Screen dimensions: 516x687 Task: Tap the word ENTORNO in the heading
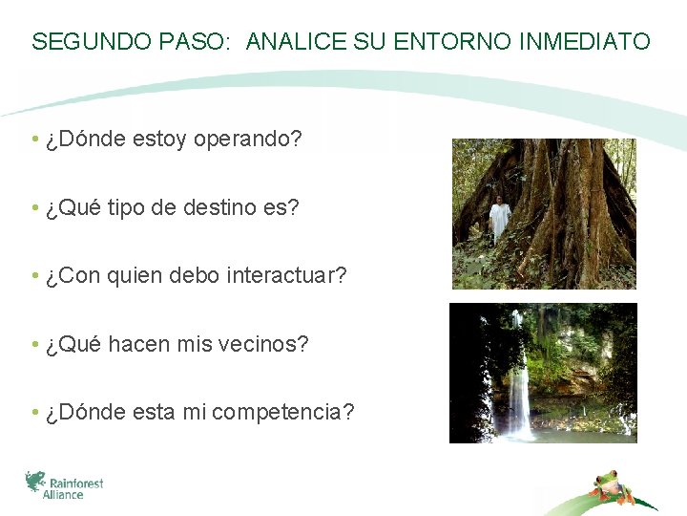452,42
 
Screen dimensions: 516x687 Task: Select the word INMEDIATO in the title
585,42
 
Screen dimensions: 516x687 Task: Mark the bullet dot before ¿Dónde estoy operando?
34,140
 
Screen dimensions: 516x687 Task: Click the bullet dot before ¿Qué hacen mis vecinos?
34,344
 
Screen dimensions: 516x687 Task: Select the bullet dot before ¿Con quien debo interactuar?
34,276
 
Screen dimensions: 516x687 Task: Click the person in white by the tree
498,219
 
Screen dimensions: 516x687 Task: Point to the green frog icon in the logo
35,481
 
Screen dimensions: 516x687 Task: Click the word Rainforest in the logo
77,484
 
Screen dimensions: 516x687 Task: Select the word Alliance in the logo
64,495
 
